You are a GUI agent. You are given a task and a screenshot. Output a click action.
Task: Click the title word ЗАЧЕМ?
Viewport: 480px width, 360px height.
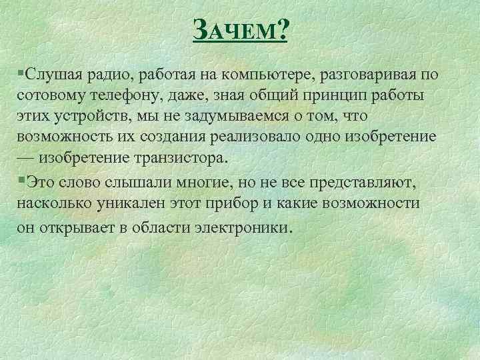point(240,30)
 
